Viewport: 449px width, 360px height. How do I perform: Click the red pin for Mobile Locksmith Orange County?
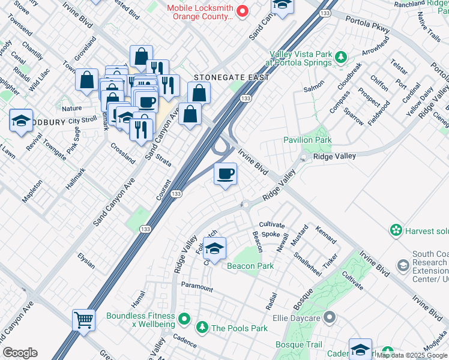coord(243,11)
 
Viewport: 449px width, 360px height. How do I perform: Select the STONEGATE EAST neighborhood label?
coord(231,78)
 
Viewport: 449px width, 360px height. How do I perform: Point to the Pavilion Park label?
coord(307,140)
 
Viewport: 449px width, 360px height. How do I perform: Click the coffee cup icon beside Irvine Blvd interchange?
coord(225,175)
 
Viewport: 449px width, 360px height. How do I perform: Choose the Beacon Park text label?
coord(250,266)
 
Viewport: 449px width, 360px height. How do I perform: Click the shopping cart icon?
coord(84,320)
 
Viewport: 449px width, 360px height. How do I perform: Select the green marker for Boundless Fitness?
coord(184,318)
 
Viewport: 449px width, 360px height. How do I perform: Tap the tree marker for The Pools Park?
coord(202,328)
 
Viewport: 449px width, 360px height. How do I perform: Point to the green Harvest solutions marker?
coord(396,230)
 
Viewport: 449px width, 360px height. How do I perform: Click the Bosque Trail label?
coord(298,345)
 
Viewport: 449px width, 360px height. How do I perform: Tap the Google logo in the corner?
coord(20,353)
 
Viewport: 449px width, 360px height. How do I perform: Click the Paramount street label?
coord(197,287)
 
